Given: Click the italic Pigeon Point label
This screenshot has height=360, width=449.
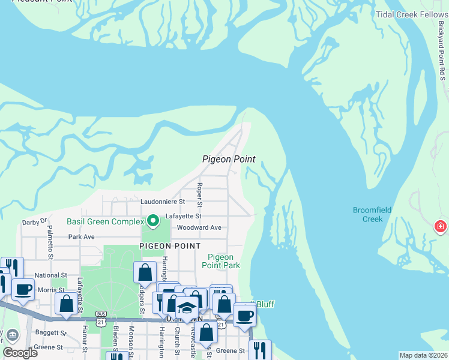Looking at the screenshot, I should pyautogui.click(x=229, y=159).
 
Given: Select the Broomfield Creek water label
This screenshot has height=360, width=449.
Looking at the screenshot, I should pyautogui.click(x=376, y=214).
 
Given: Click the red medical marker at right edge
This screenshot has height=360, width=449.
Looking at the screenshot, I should pyautogui.click(x=441, y=227).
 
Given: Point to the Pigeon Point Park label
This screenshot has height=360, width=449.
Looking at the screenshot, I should pyautogui.click(x=220, y=261).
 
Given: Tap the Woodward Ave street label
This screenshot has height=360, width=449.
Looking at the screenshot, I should pyautogui.click(x=199, y=227).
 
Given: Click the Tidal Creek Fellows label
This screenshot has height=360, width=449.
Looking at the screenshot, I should pyautogui.click(x=412, y=14).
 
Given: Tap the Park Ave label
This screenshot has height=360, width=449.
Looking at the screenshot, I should pyautogui.click(x=82, y=237).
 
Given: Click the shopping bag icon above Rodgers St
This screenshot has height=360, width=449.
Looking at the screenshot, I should pyautogui.click(x=145, y=273).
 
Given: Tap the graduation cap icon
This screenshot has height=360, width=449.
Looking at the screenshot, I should pyautogui.click(x=187, y=308).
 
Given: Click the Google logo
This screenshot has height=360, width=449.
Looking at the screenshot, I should pyautogui.click(x=20, y=353).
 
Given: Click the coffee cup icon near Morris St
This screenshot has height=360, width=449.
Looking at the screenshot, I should pyautogui.click(x=23, y=289).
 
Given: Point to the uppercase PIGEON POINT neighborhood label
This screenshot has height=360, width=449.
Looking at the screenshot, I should pyautogui.click(x=170, y=246).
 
